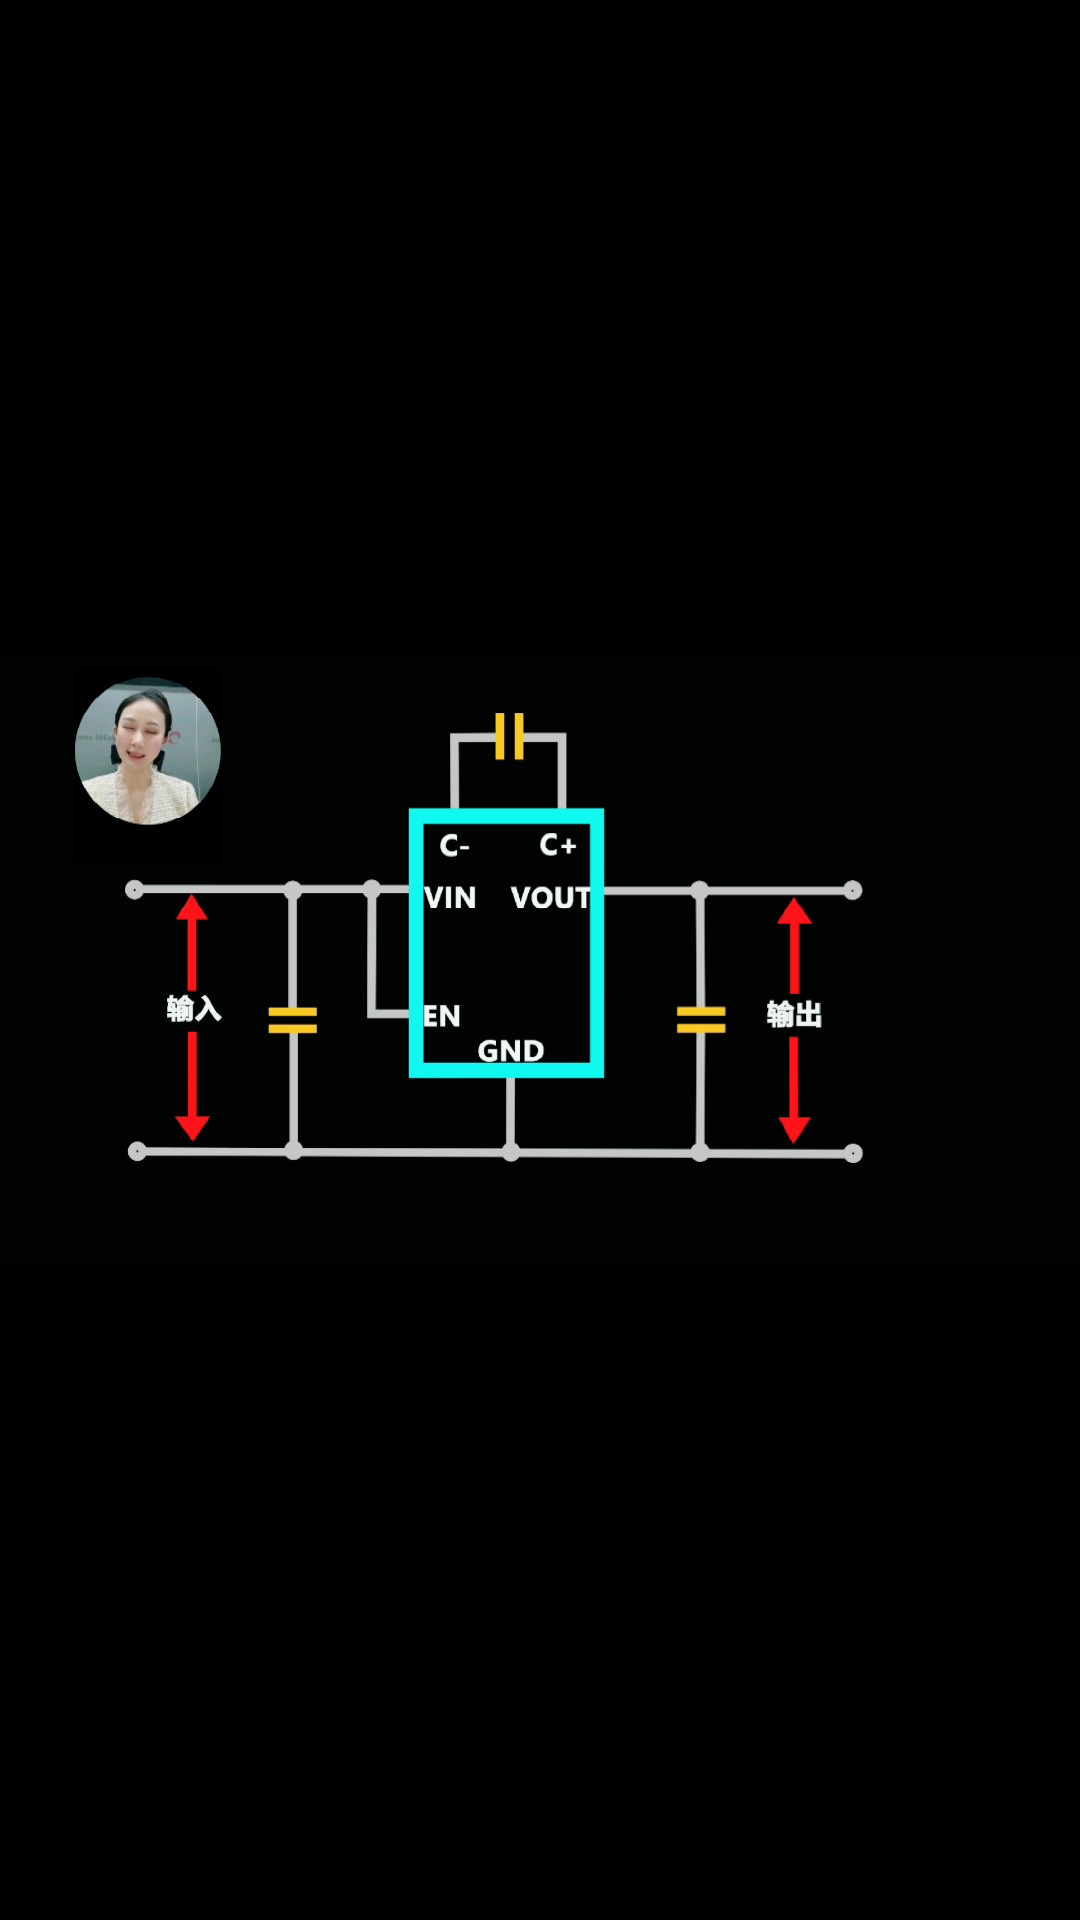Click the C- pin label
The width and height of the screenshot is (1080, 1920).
tap(454, 846)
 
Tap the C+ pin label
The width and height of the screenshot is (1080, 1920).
tap(558, 845)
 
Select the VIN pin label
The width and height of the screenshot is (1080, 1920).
tap(450, 898)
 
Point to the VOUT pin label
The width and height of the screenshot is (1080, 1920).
tap(551, 898)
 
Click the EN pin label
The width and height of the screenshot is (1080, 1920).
tap(442, 1016)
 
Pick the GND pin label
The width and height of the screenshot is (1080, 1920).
tap(511, 1051)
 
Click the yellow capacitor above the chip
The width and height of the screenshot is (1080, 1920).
tap(509, 736)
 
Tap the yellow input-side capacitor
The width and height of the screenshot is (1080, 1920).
tap(293, 1020)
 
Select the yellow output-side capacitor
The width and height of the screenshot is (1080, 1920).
tap(701, 1020)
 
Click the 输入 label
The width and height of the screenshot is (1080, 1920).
tap(194, 1008)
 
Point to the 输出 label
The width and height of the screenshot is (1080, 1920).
tap(794, 1014)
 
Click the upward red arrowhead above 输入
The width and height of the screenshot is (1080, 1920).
tap(192, 908)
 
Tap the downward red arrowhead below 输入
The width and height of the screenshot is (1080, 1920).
tap(192, 1128)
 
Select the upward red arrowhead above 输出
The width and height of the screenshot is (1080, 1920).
tap(794, 911)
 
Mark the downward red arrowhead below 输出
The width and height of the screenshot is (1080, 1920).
tap(794, 1130)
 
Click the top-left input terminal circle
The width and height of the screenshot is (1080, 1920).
tap(134, 890)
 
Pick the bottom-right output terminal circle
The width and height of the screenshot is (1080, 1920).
tap(853, 1154)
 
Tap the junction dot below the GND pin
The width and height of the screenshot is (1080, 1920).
tap(511, 1153)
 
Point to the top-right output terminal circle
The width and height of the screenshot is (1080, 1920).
tap(852, 890)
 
